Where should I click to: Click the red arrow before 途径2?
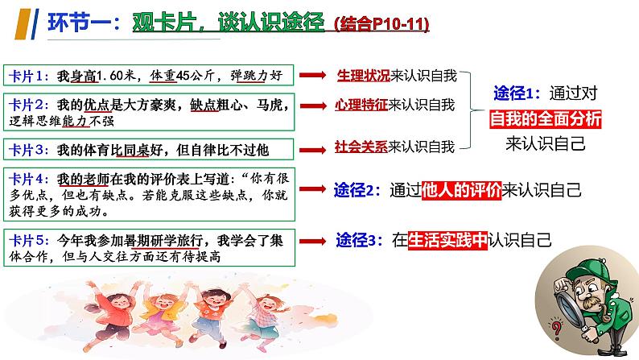[314, 191]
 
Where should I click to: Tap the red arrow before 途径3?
[314, 239]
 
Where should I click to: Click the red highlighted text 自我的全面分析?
[546, 119]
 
